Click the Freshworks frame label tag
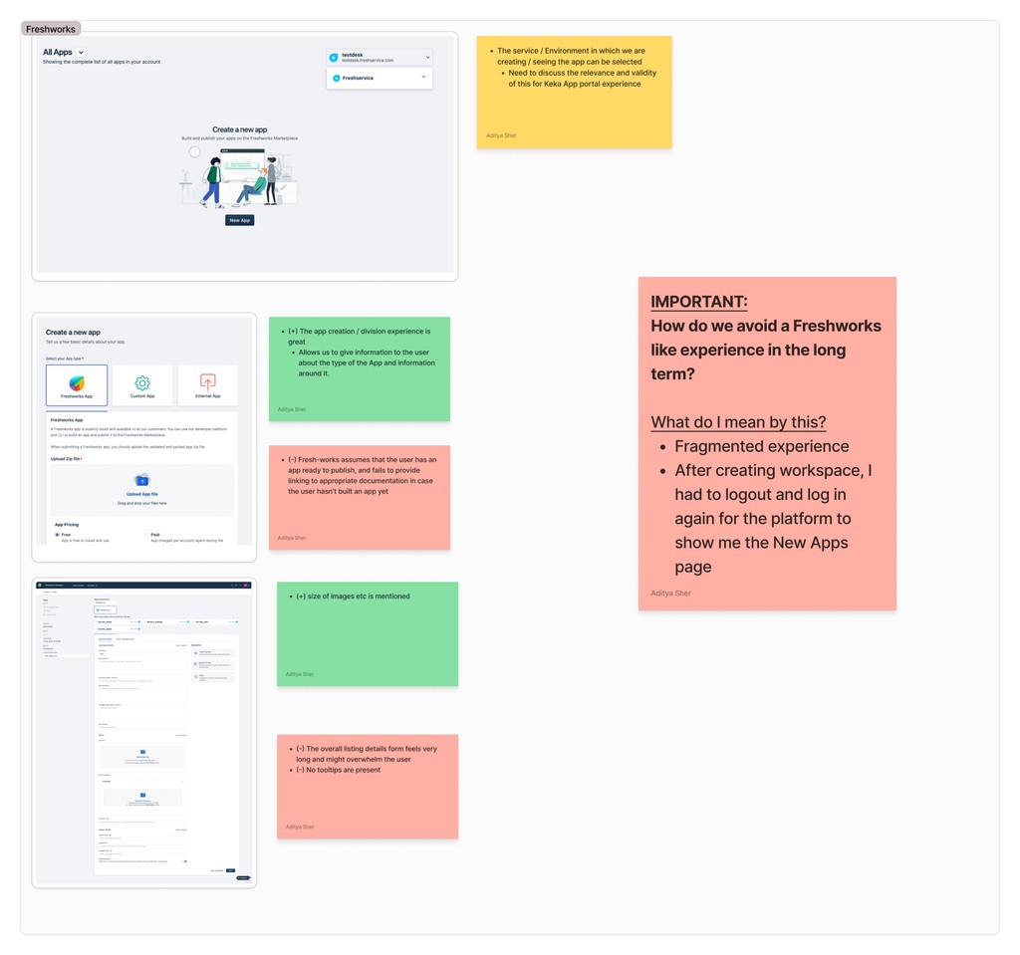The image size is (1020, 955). coord(51,29)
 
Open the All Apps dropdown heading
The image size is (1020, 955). coord(63,52)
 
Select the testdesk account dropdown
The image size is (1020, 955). coord(380,58)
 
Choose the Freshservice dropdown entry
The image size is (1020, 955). coord(380,78)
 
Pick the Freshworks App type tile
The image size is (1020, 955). coord(77,384)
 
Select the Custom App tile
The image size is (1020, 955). coord(142,384)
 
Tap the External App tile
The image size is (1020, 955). coord(207,384)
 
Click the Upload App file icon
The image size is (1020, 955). coord(141,480)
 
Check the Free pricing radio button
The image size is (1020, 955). coord(56,534)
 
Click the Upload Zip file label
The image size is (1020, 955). coord(68,459)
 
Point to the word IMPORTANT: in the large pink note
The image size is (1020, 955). coord(698,302)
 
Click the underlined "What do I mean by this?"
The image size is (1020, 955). coord(738,422)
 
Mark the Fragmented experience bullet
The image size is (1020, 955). coord(761,446)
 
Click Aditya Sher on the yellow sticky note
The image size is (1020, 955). coord(501,135)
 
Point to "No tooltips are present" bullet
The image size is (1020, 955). coord(342,770)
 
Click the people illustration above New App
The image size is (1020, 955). coord(240,179)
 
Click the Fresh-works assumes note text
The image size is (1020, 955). coord(362,475)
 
